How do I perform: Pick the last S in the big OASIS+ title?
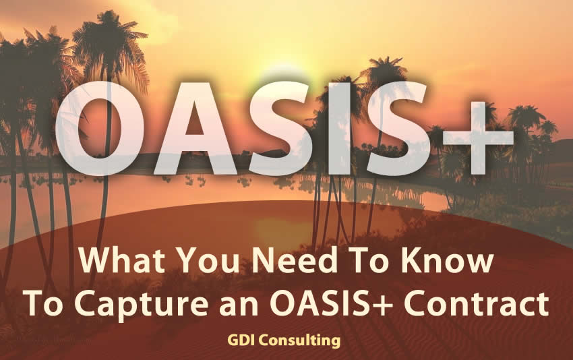399,128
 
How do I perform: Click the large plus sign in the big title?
479,138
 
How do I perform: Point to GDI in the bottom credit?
242,340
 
